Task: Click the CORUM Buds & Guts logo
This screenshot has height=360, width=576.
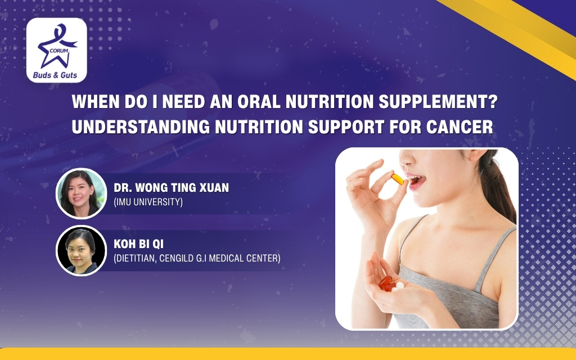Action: (x=57, y=50)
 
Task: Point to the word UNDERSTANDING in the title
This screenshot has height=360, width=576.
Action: (x=141, y=127)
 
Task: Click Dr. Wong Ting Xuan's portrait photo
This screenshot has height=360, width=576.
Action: (x=81, y=193)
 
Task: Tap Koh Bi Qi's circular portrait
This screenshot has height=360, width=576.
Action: (x=81, y=250)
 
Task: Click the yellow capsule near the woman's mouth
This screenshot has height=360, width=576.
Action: (x=398, y=179)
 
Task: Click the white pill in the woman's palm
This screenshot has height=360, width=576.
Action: (x=399, y=286)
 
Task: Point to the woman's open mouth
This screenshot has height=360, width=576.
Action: (x=415, y=179)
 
